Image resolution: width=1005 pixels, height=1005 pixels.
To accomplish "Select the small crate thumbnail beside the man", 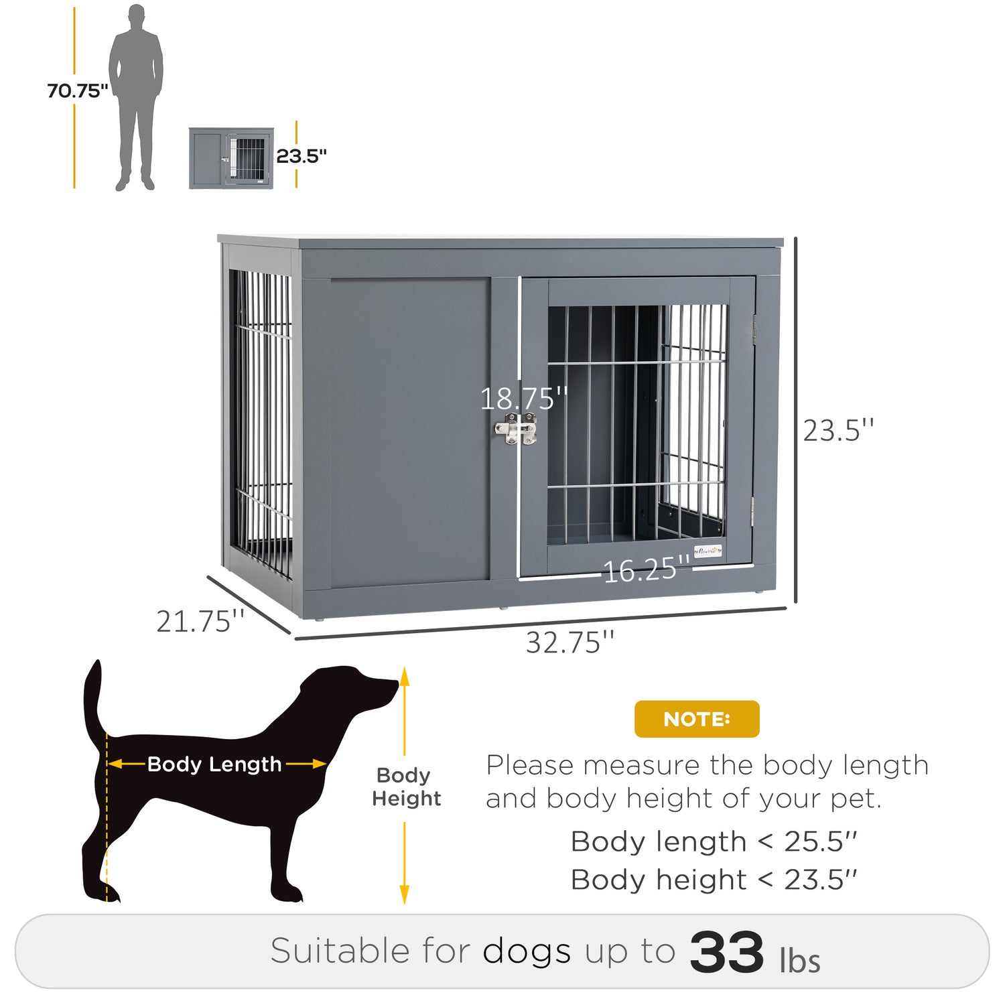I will [231, 158].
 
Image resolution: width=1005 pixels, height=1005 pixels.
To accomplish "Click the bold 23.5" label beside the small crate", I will [301, 156].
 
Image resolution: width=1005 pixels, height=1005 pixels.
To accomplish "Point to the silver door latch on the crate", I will [516, 429].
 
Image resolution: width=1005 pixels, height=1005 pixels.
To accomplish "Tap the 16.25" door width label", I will [647, 569].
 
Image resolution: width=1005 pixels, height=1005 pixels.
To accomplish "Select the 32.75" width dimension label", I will [569, 643].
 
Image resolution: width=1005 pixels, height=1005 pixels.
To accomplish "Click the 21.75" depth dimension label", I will [200, 621].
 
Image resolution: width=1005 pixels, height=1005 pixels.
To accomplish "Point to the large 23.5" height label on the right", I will [838, 431].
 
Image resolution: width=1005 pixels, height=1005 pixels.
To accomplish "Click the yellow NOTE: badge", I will [697, 719].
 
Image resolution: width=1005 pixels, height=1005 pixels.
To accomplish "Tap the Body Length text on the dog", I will [214, 764].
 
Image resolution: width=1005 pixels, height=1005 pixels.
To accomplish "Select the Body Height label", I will [407, 787].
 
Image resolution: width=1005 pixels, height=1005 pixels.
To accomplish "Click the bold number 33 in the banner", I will [726, 951].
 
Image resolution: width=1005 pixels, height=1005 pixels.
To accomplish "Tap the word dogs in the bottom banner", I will [527, 951].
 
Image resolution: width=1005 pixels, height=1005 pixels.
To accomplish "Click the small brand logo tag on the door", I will [708, 551].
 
